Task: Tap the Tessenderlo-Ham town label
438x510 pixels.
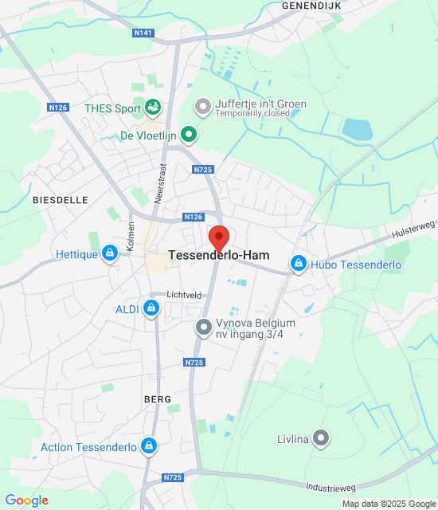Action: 219,256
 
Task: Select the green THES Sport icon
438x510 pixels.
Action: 153,107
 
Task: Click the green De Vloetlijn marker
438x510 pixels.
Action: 189,135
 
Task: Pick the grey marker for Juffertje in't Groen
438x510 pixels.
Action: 203,105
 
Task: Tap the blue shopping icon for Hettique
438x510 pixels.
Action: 110,254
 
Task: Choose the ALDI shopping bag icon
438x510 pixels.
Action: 151,309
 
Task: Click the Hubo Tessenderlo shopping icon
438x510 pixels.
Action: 299,263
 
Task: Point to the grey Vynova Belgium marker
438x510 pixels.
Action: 204,327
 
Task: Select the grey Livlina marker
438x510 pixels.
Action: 320,437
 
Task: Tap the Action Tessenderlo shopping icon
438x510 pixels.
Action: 147,447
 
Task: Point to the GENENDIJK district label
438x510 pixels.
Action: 310,5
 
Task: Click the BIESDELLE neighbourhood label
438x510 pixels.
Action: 61,200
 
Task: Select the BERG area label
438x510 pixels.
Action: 158,398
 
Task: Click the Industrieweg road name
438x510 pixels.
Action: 330,485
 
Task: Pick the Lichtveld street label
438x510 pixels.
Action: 184,295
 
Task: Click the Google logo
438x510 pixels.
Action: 26,500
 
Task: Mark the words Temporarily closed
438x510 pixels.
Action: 254,114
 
